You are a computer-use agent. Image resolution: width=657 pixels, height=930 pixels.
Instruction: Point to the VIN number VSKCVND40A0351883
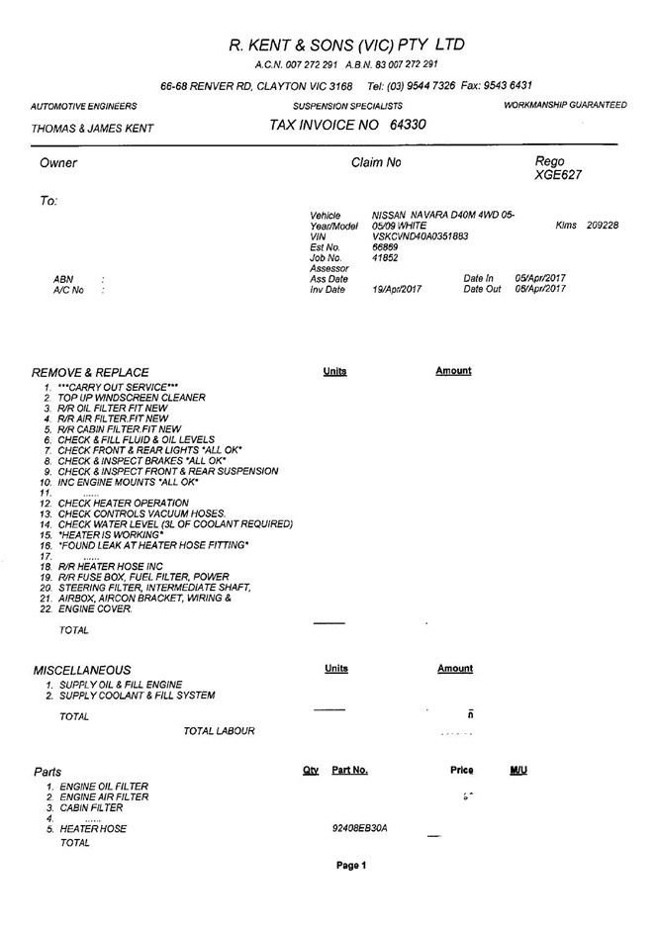[x=420, y=236]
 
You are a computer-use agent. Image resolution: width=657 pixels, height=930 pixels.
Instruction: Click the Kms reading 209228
[x=602, y=226]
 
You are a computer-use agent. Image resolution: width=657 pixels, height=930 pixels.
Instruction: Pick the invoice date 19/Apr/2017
[x=399, y=290]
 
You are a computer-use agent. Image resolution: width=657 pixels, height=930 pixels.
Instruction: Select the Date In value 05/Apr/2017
[x=540, y=279]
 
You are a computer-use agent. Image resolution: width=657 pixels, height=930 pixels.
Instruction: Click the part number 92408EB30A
[x=360, y=827]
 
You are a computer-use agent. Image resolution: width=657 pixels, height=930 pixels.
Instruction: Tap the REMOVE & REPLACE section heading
[x=90, y=372]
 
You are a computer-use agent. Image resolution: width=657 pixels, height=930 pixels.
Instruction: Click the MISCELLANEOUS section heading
[x=82, y=670]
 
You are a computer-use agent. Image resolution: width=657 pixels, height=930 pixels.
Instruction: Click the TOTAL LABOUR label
[x=219, y=731]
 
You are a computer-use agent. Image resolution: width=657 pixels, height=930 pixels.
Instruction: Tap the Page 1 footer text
[x=351, y=865]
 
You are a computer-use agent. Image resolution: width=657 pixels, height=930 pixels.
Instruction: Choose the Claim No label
[x=376, y=162]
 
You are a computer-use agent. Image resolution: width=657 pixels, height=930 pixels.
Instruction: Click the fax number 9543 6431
[x=508, y=85]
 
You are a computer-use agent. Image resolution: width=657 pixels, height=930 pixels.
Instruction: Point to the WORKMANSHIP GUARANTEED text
[x=565, y=105]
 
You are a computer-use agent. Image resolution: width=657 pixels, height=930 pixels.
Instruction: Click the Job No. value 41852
[x=384, y=258]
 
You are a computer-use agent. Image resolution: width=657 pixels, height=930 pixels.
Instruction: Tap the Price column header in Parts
[x=461, y=770]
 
